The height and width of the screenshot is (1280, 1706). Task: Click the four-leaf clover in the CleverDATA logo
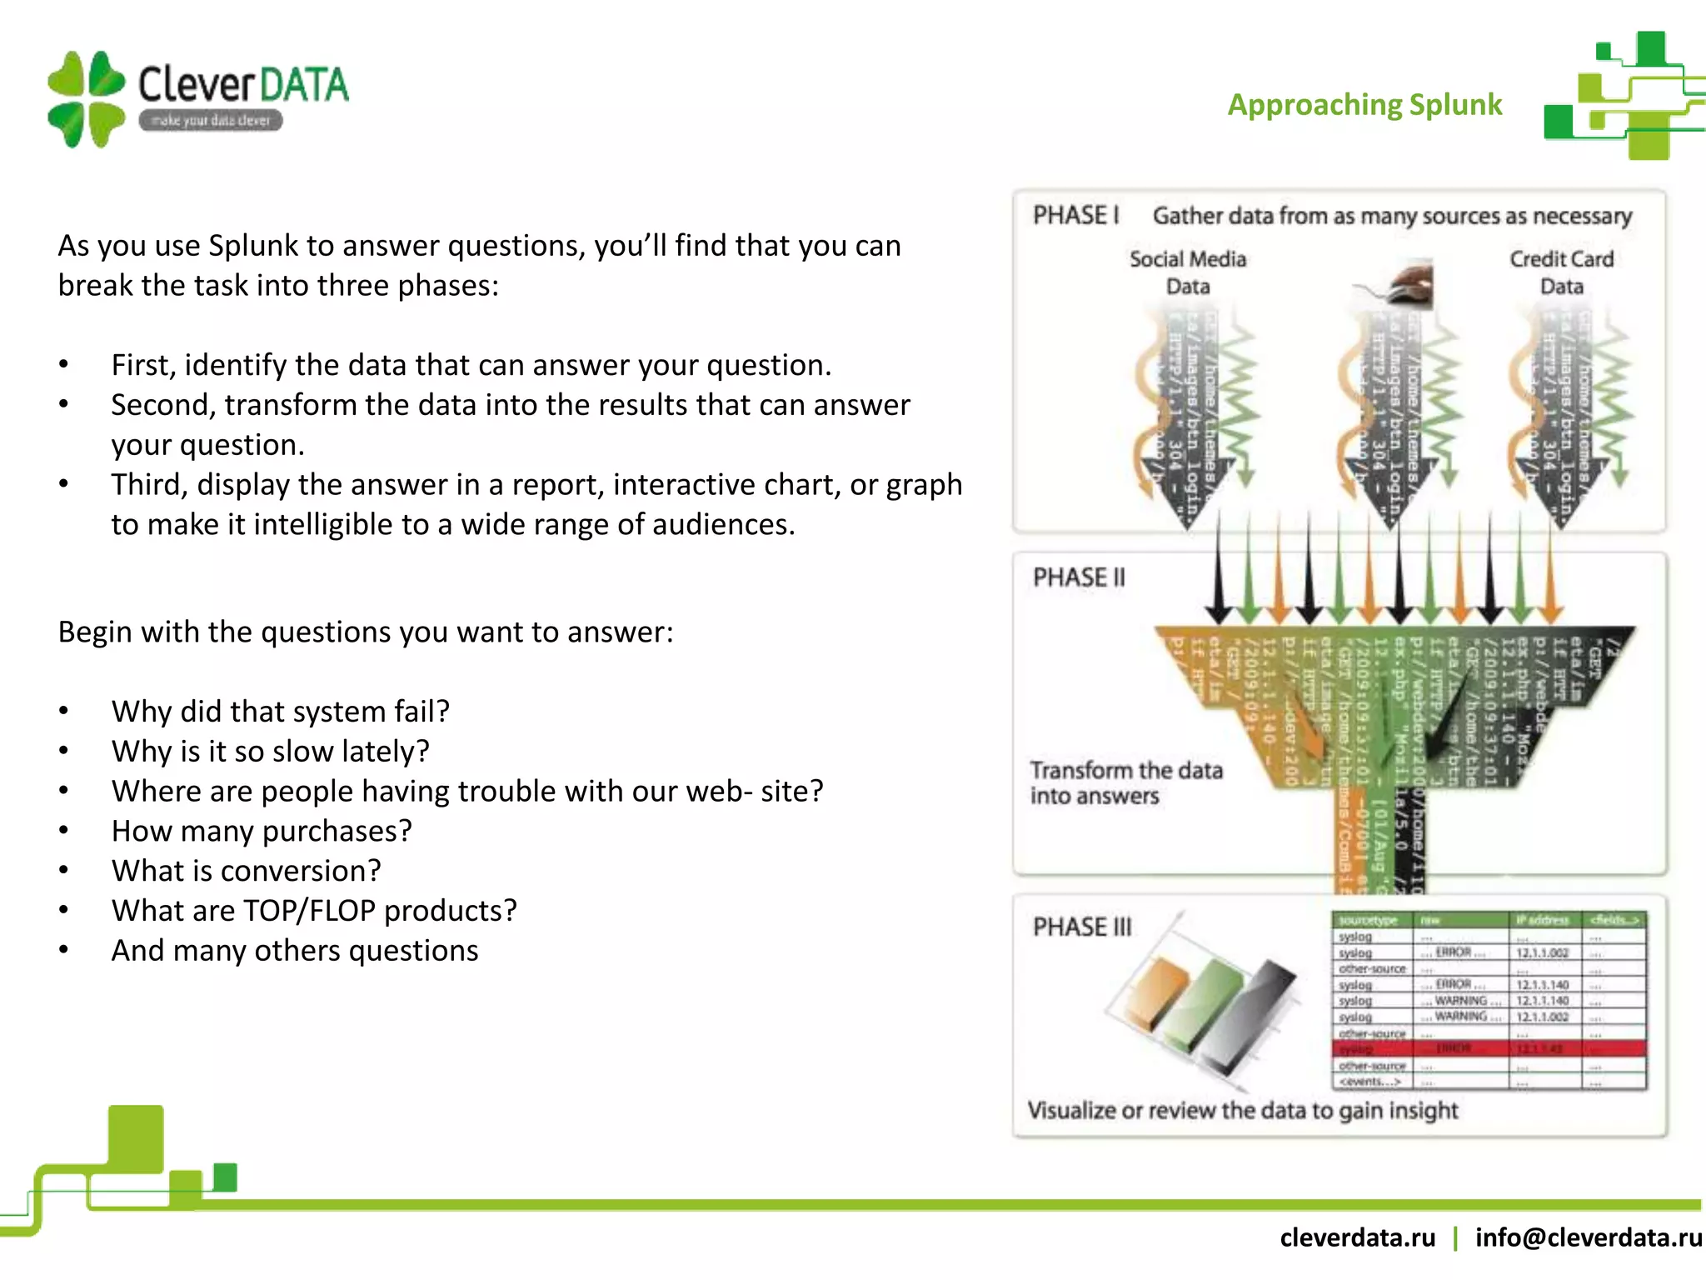(x=86, y=99)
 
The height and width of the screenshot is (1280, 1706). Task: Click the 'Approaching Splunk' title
(x=1364, y=105)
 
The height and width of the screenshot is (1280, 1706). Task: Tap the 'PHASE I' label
(x=1075, y=216)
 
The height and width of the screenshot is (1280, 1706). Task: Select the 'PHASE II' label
(x=1079, y=577)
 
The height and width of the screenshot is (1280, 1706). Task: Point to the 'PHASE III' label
(x=1082, y=927)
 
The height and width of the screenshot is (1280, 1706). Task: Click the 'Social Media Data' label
(x=1188, y=272)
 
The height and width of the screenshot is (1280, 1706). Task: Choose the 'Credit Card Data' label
(x=1561, y=272)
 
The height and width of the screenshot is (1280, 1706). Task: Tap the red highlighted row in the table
(x=1489, y=1048)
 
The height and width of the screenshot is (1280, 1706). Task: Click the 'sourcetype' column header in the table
(x=1368, y=920)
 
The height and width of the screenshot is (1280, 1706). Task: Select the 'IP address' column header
(x=1542, y=920)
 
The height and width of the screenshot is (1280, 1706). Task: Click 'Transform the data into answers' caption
(x=1125, y=782)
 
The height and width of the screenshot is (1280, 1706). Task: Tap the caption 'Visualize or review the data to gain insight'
(x=1242, y=1110)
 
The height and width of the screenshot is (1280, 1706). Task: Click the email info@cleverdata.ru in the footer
(x=1588, y=1237)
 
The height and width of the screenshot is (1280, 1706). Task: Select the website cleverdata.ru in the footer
(x=1357, y=1237)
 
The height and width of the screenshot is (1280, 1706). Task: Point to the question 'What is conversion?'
(x=246, y=871)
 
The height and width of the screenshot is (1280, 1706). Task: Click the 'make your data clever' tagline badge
(x=211, y=121)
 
